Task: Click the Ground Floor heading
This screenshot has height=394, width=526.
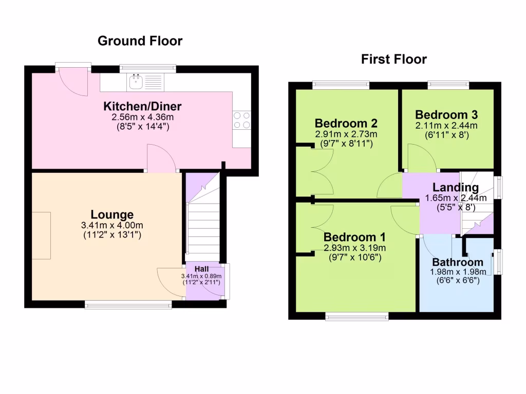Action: tap(140, 41)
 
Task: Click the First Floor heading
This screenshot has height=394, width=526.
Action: tap(393, 60)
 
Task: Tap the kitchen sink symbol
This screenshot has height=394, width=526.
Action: tap(137, 80)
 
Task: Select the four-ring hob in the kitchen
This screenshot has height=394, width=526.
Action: tap(242, 120)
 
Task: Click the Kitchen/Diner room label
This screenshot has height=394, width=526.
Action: tap(142, 107)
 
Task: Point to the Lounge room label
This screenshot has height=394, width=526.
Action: tap(112, 215)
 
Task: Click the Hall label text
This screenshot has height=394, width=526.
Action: tap(201, 269)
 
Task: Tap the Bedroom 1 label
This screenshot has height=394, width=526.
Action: tap(354, 238)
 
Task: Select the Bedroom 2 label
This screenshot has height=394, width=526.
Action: tap(346, 124)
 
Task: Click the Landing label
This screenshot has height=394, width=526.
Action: tap(455, 188)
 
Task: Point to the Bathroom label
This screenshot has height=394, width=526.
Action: tap(458, 262)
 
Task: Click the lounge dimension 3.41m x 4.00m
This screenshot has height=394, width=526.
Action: tap(112, 225)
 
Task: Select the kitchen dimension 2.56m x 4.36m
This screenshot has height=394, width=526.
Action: tap(142, 117)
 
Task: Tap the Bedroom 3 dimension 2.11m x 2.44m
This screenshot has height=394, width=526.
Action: tap(446, 125)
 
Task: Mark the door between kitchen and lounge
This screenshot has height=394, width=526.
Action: tap(162, 158)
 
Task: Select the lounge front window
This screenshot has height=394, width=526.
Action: tap(128, 305)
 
